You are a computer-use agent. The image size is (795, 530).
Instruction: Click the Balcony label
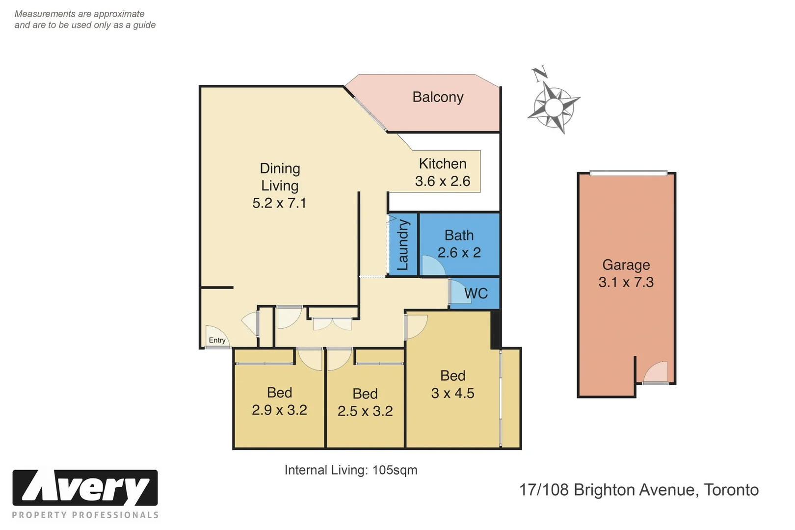pos(438,97)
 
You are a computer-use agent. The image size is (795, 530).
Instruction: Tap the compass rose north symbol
pos(540,74)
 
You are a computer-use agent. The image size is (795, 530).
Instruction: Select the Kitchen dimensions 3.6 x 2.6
pos(442,181)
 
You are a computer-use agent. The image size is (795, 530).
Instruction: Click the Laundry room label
pos(403,244)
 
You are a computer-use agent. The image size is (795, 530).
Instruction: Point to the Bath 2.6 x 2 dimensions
pos(459,252)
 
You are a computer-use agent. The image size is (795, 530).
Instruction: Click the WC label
pos(476,293)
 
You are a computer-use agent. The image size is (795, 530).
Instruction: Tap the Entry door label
pos(217,340)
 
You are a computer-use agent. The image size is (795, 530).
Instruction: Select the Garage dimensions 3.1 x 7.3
pos(626,282)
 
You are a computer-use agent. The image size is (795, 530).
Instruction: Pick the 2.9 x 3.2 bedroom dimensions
pos(279,410)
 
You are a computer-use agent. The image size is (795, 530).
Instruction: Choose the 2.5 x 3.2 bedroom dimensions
pos(365,411)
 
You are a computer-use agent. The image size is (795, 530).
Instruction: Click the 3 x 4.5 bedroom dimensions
pos(452,393)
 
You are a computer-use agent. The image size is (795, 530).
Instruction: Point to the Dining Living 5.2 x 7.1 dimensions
pos(279,203)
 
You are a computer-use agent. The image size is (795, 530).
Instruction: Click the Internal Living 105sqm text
pos(351,470)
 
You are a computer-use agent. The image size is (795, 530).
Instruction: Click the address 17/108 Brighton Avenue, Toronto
pos(639,490)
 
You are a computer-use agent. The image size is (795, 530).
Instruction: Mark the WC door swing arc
pos(459,292)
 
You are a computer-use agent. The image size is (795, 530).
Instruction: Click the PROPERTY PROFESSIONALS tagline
pos(85,515)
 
